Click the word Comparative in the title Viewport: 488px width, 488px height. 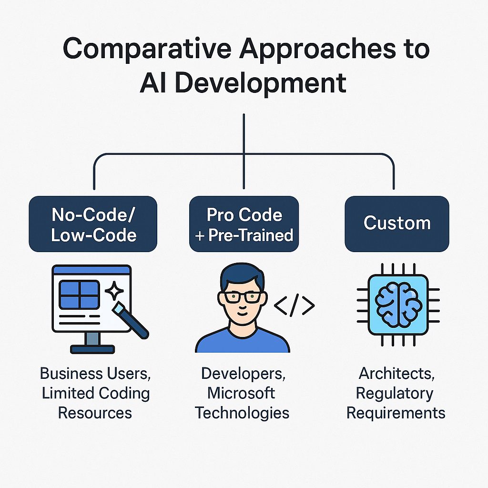coord(147,50)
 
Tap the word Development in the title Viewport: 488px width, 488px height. coord(261,83)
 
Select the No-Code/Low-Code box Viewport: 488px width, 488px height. coord(93,224)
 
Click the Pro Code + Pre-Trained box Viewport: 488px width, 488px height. coord(244,224)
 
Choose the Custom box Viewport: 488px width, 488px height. coord(397,224)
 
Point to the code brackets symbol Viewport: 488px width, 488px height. coord(294,305)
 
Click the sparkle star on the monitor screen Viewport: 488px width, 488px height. coord(114,291)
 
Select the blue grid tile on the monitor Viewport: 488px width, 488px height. coord(80,295)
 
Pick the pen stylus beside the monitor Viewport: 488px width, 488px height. coord(131,321)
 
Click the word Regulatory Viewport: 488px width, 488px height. coord(394,394)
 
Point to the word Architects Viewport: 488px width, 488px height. coord(396,374)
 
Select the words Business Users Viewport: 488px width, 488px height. coord(95,374)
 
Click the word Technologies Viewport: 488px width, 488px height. coord(242,413)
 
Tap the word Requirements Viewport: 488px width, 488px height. coord(396,413)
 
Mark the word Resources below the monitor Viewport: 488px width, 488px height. coord(95,413)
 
